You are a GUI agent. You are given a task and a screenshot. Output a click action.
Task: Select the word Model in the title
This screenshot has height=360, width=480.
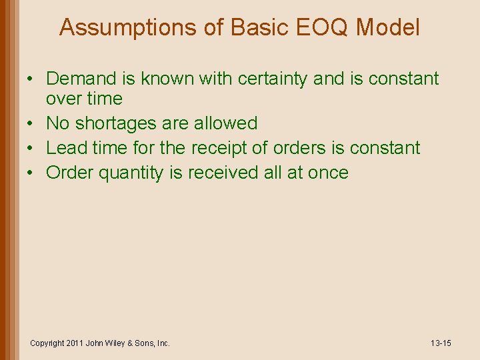coord(389,28)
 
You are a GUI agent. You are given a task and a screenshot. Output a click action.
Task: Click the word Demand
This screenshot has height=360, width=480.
coord(83,79)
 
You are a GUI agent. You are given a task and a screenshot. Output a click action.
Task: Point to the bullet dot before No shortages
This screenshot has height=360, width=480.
coord(32,123)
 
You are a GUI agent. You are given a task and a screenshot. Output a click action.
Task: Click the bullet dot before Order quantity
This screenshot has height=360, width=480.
coord(32,173)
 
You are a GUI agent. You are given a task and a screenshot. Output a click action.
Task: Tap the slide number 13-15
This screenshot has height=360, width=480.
coord(441,343)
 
